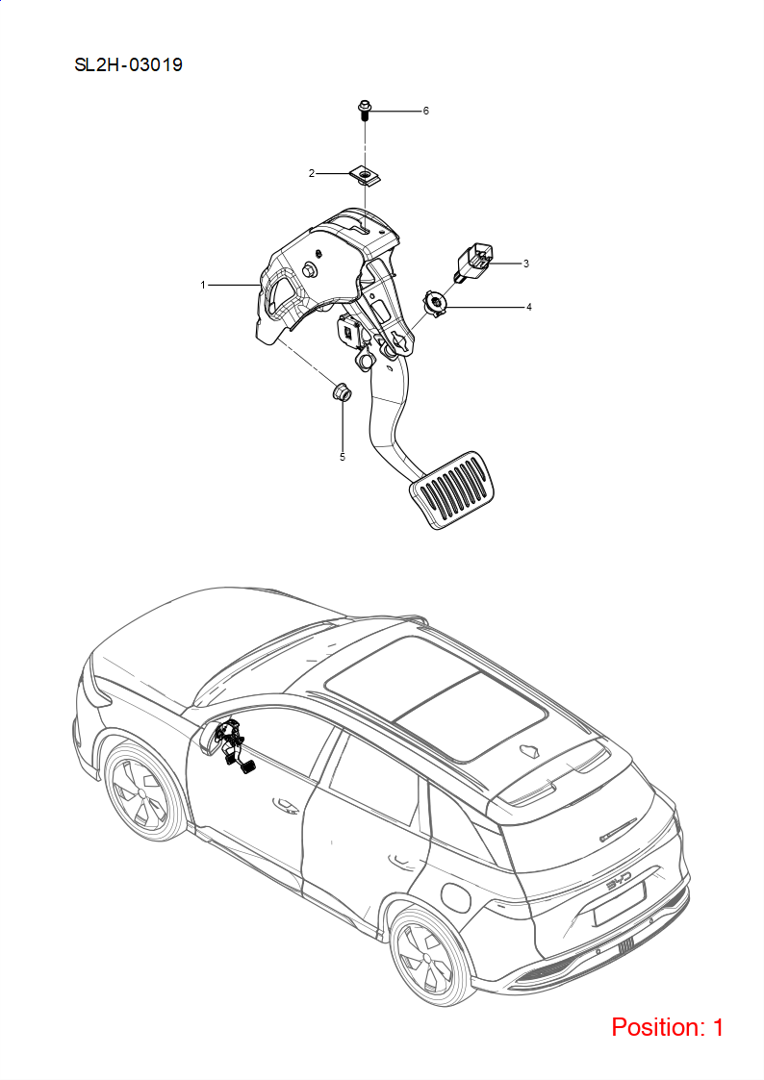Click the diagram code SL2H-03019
point(129,64)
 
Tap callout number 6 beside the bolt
point(425,111)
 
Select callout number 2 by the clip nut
point(312,173)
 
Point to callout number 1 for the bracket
point(203,285)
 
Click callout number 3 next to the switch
point(525,264)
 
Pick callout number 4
point(529,307)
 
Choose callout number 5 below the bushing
point(343,457)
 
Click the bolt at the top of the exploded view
point(365,111)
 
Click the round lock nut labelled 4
point(435,302)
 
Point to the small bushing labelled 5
point(343,392)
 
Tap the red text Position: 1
point(668,1027)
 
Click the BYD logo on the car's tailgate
point(619,885)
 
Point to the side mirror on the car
point(210,736)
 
